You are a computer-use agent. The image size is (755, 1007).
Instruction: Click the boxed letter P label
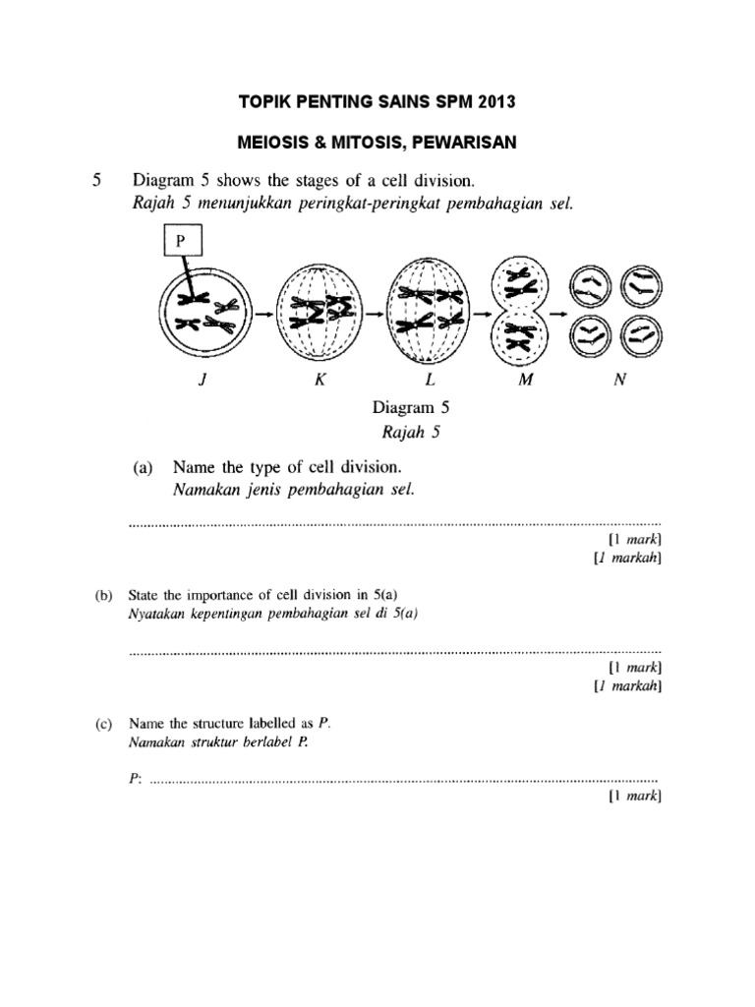click(x=181, y=240)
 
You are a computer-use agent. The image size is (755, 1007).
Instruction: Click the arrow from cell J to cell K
click(x=264, y=314)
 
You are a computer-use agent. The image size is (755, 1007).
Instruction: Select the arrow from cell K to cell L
click(x=376, y=314)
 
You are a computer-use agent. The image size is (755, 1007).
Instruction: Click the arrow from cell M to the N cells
click(x=558, y=314)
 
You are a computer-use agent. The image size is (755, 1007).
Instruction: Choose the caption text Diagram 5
click(x=409, y=405)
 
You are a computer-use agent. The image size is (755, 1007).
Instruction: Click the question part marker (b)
click(x=104, y=594)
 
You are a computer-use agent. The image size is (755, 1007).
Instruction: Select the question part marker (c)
click(x=104, y=724)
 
